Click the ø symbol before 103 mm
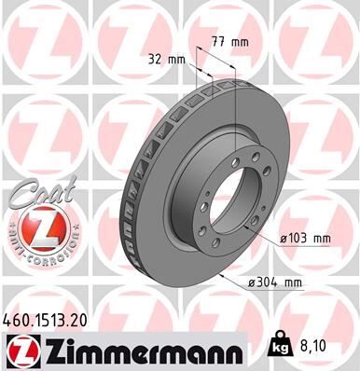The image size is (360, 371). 284,239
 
